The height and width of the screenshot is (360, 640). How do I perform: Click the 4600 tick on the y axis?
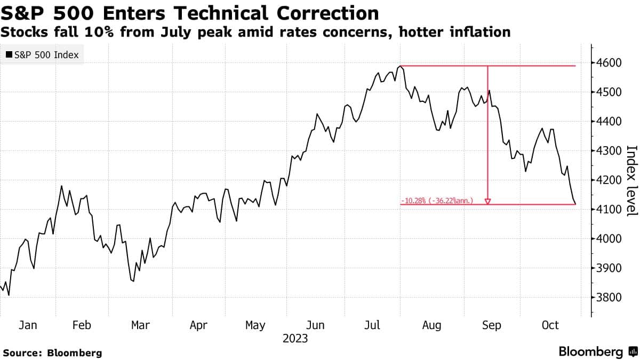click(609, 63)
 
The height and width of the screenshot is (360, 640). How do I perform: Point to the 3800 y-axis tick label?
click(609, 297)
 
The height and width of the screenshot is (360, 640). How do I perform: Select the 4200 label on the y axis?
click(609, 180)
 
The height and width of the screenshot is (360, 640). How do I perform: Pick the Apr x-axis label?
click(198, 325)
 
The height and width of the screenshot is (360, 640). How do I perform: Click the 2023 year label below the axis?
click(295, 338)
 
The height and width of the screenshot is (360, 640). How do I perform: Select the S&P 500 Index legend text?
click(46, 54)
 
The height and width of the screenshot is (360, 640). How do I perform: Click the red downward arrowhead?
click(487, 201)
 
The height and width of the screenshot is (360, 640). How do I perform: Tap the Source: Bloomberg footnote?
click(52, 353)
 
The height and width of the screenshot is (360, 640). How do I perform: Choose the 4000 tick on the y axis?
click(609, 238)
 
